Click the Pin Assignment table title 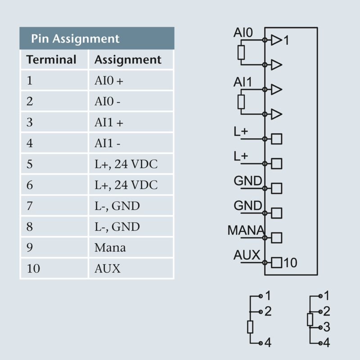click(75, 38)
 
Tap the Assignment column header click(128, 59)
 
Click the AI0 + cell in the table click(108, 81)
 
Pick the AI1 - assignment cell click(107, 144)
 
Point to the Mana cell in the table click(110, 247)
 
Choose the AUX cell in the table click(108, 269)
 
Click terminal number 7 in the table click(30, 206)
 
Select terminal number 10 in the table click(33, 269)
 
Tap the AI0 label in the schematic click(243, 33)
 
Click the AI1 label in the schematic click(243, 82)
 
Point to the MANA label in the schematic click(246, 230)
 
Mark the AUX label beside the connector click(247, 255)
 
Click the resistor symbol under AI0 click(241, 53)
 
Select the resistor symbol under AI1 click(241, 102)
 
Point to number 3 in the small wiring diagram click(327, 327)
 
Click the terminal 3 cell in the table click(30, 123)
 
